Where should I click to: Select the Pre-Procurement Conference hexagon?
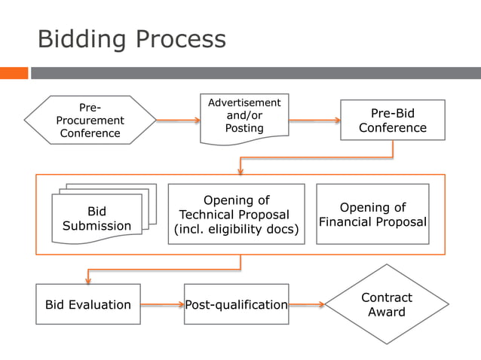tap(90, 120)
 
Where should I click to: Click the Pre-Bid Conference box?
tap(392, 121)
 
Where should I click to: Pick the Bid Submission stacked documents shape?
tap(97, 218)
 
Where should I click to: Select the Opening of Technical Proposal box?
tap(236, 214)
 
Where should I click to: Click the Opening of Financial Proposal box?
tap(372, 214)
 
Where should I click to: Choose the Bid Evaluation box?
tap(88, 304)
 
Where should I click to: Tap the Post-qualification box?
tap(236, 304)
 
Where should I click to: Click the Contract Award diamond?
tap(386, 304)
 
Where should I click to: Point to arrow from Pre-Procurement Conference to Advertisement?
tap(178, 120)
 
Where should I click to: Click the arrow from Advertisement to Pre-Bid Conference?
tap(314, 120)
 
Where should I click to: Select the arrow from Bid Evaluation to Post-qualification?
tap(162, 305)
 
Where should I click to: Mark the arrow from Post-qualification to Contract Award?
tap(307, 305)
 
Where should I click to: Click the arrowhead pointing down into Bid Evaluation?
tap(88, 279)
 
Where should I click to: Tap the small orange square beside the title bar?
tap(14, 73)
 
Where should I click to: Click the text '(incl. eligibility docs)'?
tap(236, 230)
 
